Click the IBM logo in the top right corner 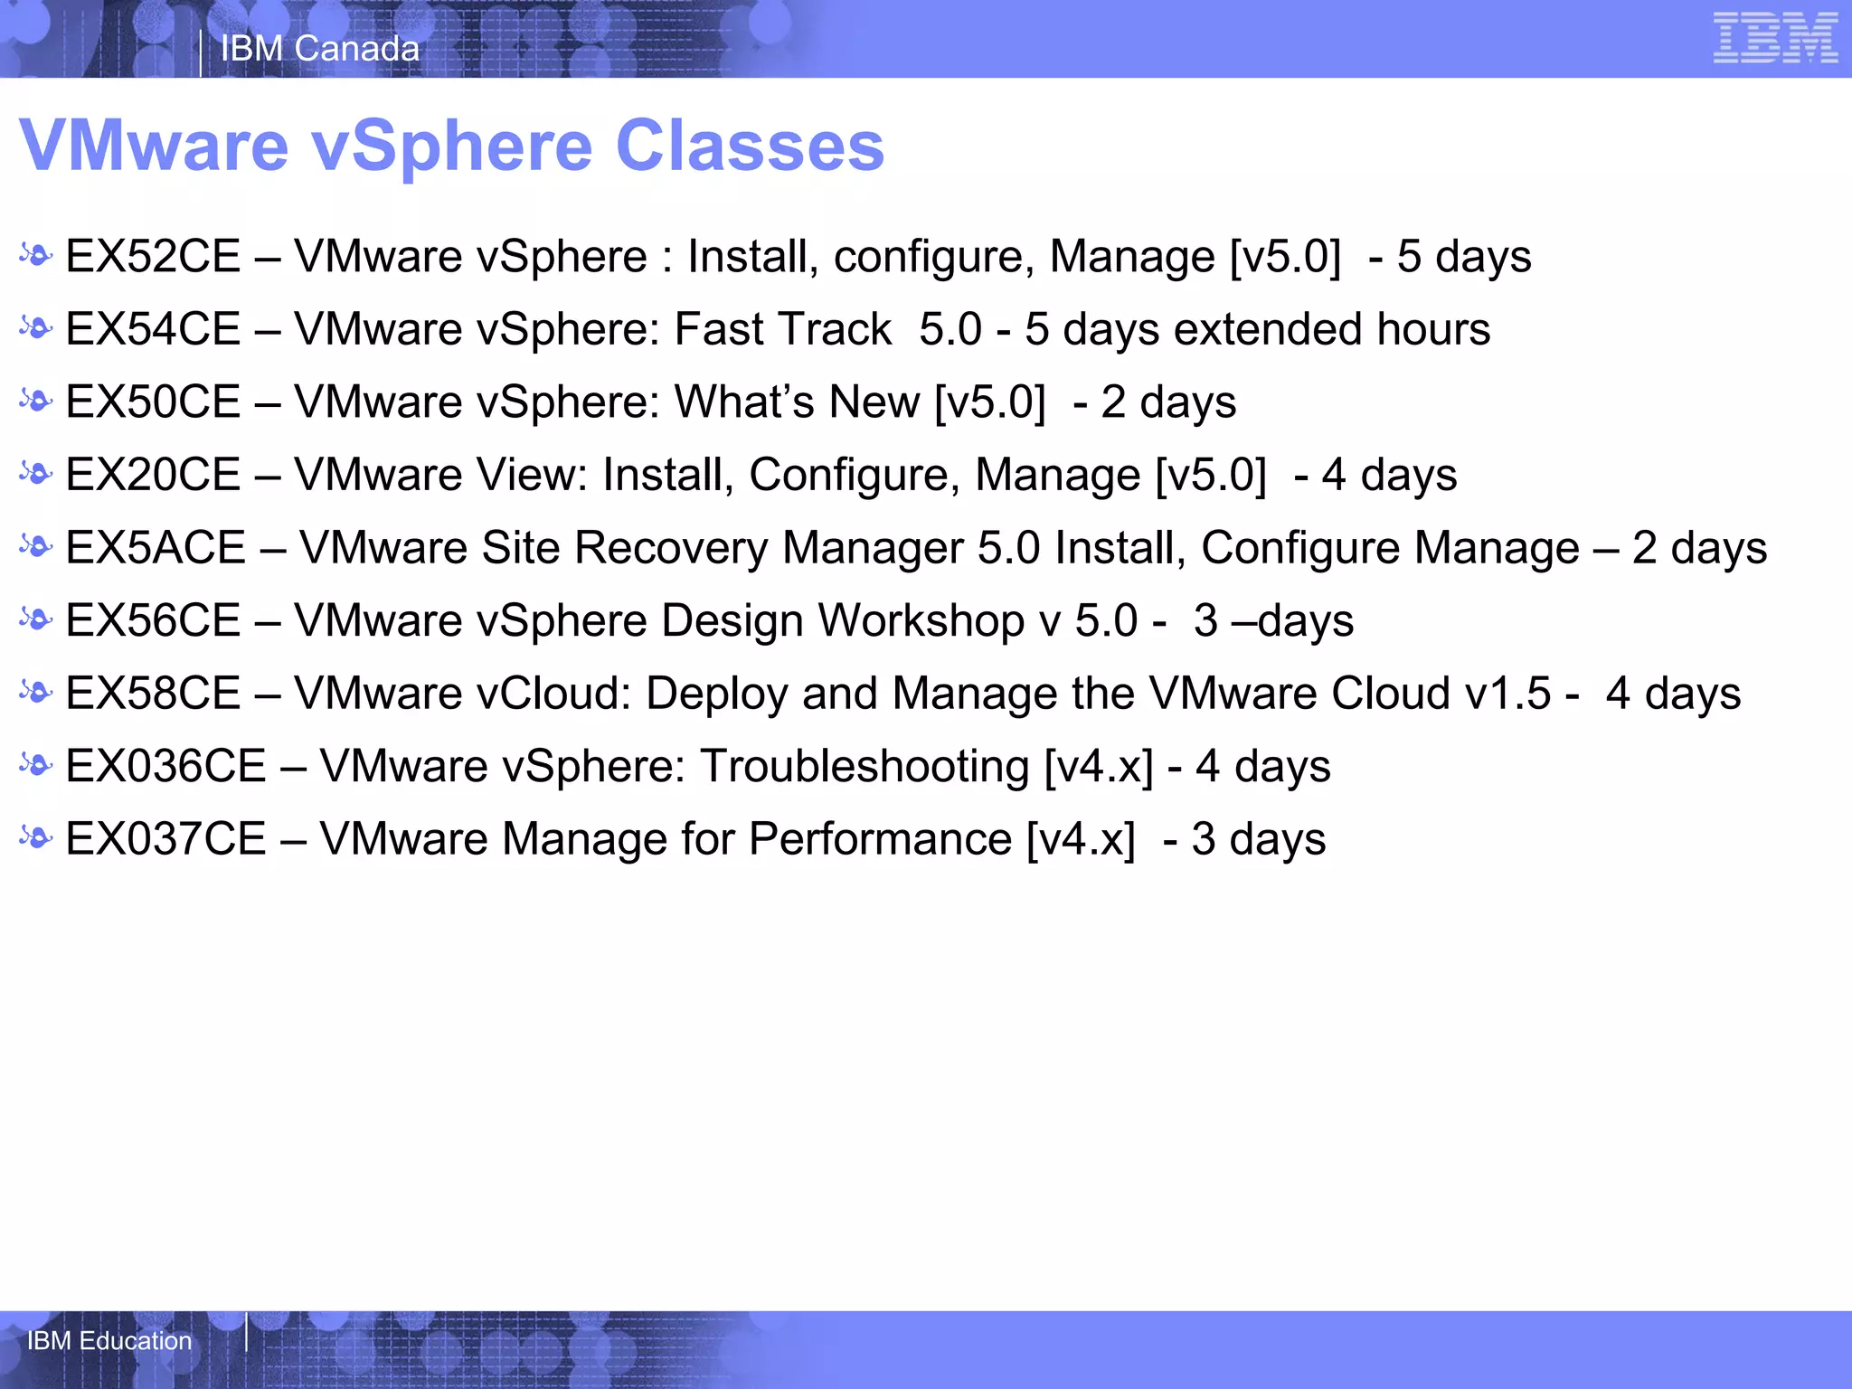[x=1775, y=39]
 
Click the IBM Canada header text [x=320, y=49]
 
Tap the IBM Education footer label [x=109, y=1340]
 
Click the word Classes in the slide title [x=750, y=146]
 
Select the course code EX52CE [x=154, y=257]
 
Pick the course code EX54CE [x=154, y=329]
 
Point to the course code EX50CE [x=154, y=402]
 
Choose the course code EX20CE [x=154, y=476]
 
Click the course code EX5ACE [x=156, y=548]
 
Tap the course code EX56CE [x=154, y=621]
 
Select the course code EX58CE [x=154, y=694]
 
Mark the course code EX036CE [x=166, y=767]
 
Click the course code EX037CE [x=166, y=839]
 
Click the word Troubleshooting [x=865, y=767]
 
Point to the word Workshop [x=921, y=621]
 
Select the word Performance [x=880, y=839]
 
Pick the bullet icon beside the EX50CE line [x=36, y=402]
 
